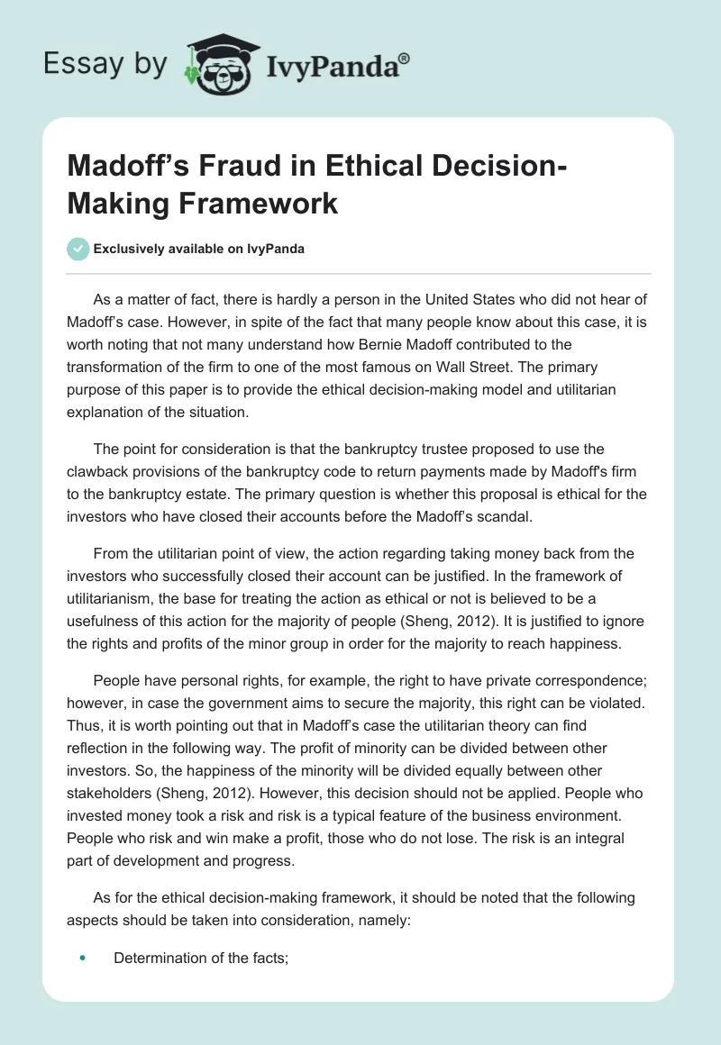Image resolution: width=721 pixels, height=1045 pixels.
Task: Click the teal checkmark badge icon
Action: [79, 248]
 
